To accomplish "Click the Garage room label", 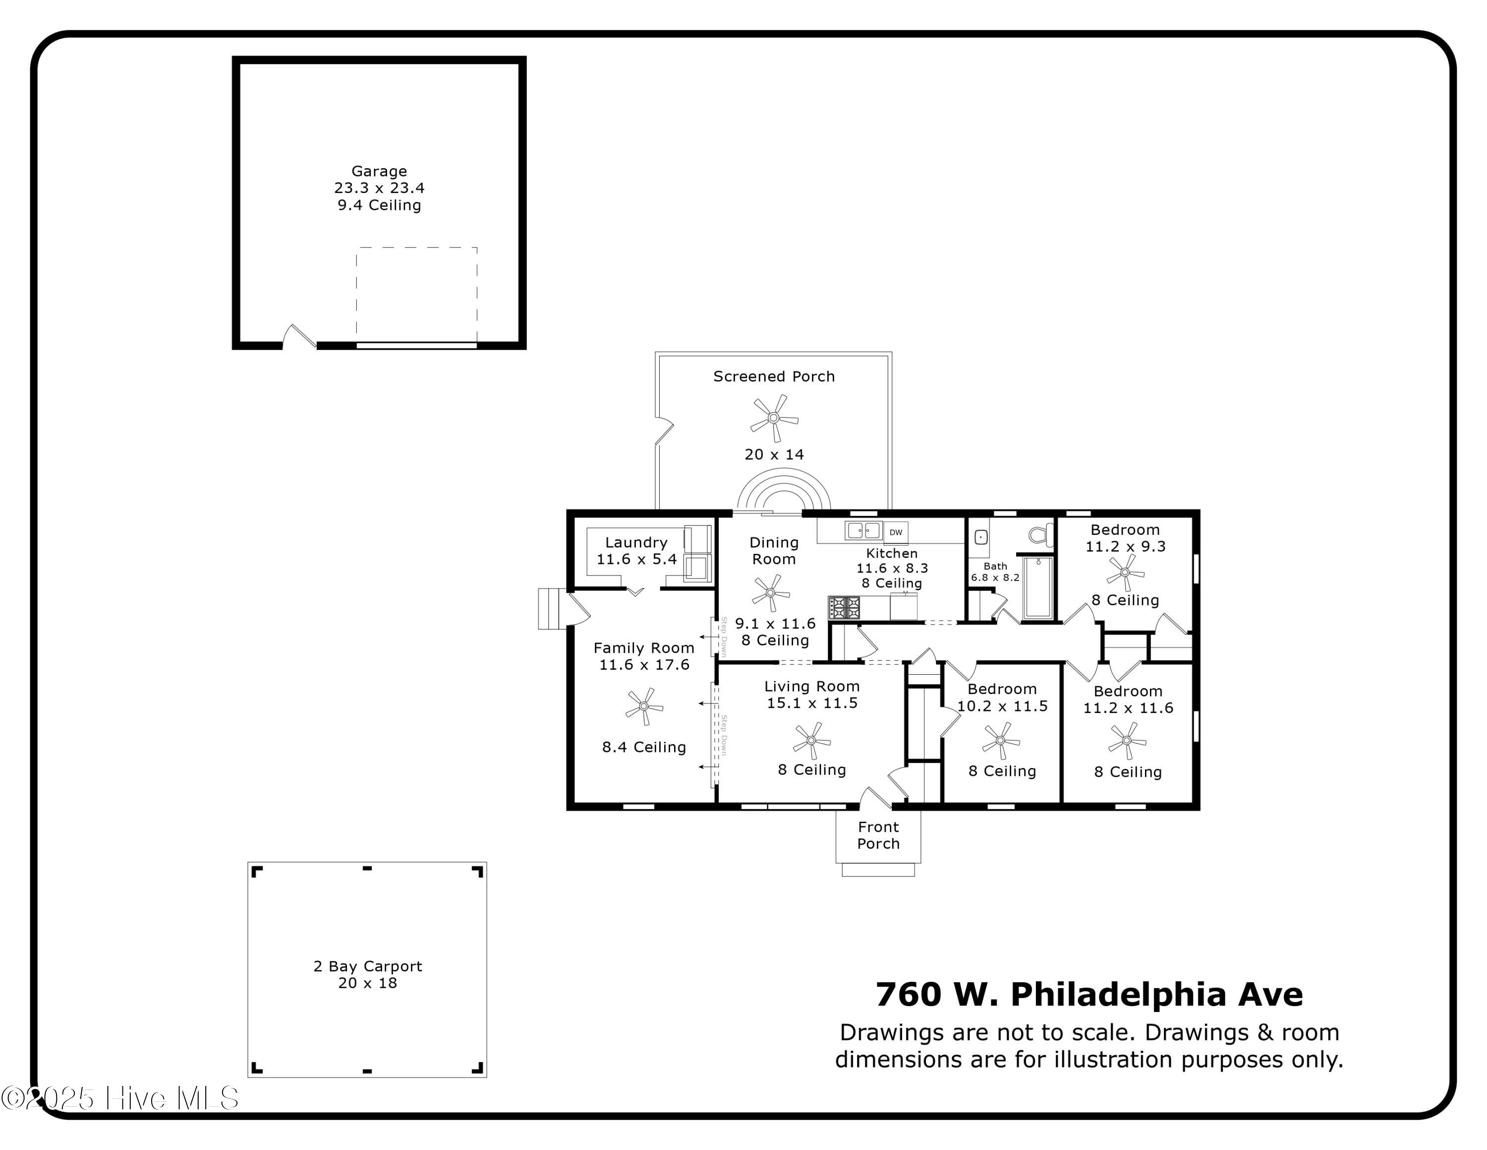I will pyautogui.click(x=379, y=171).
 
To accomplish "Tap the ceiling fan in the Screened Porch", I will pyautogui.click(x=773, y=418).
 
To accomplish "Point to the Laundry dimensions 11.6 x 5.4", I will pyautogui.click(x=636, y=559).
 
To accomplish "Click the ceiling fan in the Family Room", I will pyautogui.click(x=643, y=706).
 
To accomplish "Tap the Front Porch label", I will pyautogui.click(x=878, y=835).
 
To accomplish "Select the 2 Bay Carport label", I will pyautogui.click(x=368, y=966).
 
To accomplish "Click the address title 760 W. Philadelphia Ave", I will pyautogui.click(x=1088, y=995).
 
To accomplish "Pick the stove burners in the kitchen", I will pyautogui.click(x=844, y=607).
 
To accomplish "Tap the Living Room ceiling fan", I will pyautogui.click(x=811, y=741).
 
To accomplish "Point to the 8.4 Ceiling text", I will pyautogui.click(x=644, y=747).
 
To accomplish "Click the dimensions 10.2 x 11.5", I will pyautogui.click(x=1002, y=706).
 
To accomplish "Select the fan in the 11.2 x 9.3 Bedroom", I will pyautogui.click(x=1125, y=573).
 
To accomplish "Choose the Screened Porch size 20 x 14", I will pyautogui.click(x=774, y=454).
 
